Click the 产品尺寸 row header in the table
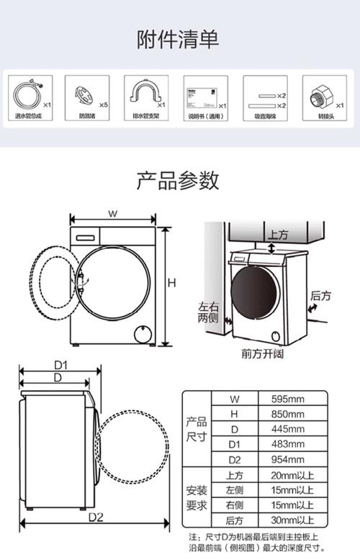(x=197, y=430)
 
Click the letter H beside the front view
(x=171, y=283)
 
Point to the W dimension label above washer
(x=113, y=213)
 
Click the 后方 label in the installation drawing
(x=320, y=295)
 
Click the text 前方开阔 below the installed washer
(x=263, y=354)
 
